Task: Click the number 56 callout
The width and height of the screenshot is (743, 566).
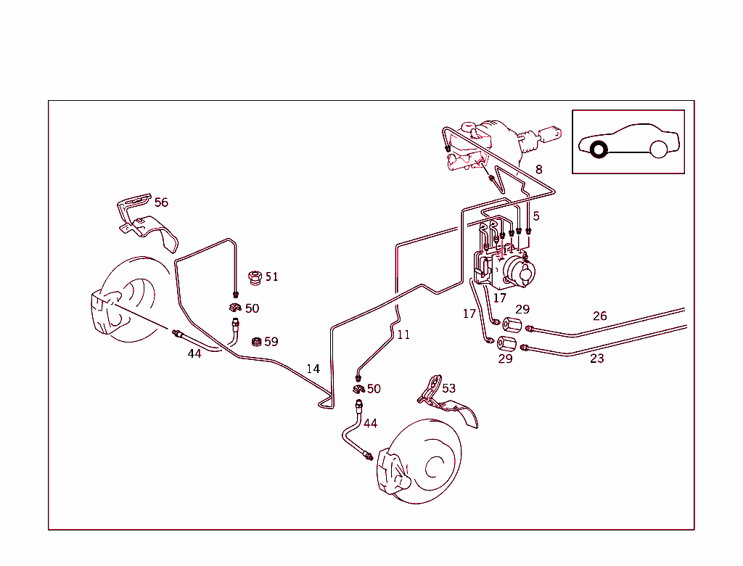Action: (161, 202)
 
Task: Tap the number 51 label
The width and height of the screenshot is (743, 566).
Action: (271, 276)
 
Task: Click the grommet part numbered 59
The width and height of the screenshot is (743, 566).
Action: (255, 342)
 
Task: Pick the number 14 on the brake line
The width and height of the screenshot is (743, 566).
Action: (313, 369)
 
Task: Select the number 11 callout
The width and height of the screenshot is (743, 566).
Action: (403, 335)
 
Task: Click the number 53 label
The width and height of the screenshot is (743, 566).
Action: (449, 388)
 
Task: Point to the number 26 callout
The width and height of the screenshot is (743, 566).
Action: (599, 316)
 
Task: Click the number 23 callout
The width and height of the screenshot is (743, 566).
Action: (596, 358)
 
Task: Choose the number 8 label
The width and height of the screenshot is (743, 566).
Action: (538, 170)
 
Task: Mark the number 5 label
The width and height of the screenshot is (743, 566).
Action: (536, 216)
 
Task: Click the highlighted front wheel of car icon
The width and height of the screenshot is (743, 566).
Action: (599, 150)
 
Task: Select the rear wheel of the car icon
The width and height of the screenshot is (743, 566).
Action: (658, 149)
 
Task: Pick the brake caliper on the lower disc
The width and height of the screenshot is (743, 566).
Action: (392, 474)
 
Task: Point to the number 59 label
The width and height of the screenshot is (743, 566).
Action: (271, 342)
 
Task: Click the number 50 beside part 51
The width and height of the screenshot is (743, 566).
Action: (252, 308)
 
